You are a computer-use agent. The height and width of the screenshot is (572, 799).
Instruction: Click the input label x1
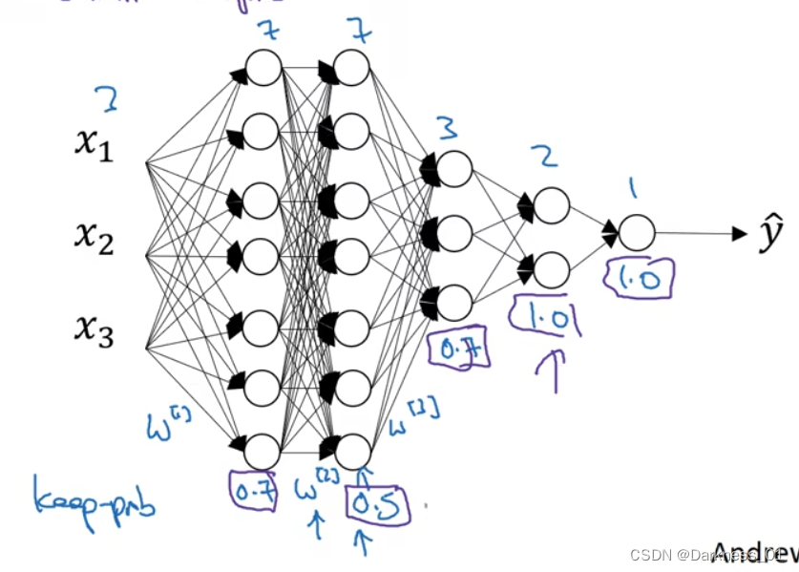click(x=95, y=145)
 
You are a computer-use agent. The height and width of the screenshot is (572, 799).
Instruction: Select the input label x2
click(x=95, y=239)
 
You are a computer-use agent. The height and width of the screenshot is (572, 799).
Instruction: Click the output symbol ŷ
click(x=770, y=236)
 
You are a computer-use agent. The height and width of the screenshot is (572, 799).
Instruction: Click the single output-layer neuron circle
click(x=637, y=232)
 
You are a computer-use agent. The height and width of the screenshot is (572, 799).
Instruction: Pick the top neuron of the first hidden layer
click(x=263, y=68)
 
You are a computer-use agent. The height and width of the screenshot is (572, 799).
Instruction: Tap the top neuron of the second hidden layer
click(x=352, y=68)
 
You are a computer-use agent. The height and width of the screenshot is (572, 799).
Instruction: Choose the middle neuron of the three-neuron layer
click(x=454, y=232)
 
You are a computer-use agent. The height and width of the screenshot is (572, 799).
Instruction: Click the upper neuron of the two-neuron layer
click(x=551, y=204)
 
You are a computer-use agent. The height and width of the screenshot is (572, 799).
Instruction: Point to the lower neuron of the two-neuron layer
click(x=551, y=269)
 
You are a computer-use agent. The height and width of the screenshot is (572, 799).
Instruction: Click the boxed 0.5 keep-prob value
click(x=376, y=503)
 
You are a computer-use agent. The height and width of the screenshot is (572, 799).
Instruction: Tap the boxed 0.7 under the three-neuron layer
click(x=461, y=351)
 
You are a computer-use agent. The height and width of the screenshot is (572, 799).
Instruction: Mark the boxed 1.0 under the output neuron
click(x=639, y=278)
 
